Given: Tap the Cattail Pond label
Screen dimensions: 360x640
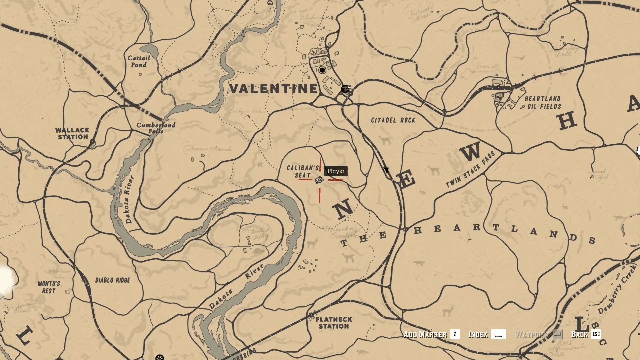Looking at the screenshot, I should (x=139, y=61).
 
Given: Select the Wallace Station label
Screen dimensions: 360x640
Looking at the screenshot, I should (x=72, y=133).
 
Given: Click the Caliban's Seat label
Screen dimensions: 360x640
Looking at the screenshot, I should (x=303, y=172).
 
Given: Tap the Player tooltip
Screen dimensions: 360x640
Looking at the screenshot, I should (x=336, y=171).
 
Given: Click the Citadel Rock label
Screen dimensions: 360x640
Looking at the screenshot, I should (x=393, y=120).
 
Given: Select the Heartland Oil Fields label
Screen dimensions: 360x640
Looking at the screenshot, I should (x=542, y=103).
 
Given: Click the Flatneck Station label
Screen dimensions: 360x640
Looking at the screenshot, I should (x=334, y=323).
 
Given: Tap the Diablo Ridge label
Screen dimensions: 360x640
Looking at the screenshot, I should (x=113, y=280).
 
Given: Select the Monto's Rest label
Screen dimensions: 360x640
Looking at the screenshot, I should (x=49, y=287).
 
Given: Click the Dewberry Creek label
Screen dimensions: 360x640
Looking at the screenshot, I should (x=617, y=289).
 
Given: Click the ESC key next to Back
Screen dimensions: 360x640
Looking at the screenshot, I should (x=596, y=334).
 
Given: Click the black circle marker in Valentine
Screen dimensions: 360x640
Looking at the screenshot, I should (x=322, y=70).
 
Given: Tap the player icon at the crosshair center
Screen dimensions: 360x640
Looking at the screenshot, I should (x=319, y=180).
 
